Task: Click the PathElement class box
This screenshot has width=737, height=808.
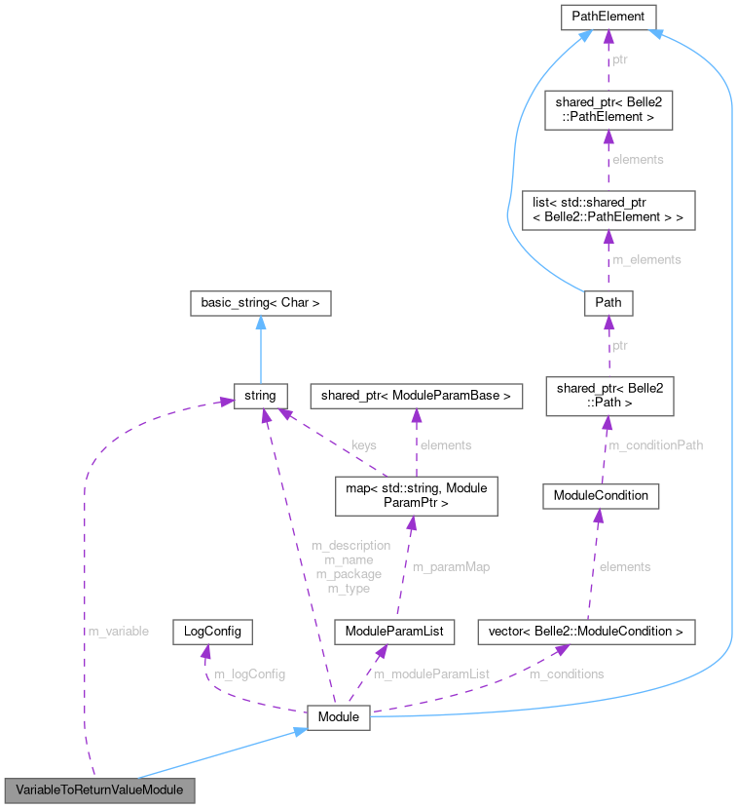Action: coord(608,17)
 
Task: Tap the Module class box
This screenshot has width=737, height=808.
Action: coord(338,718)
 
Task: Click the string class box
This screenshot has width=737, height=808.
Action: coord(260,396)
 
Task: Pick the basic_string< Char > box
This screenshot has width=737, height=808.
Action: coord(260,303)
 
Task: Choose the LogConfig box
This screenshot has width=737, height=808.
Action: coord(211,632)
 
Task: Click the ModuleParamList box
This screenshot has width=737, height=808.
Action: coord(393,632)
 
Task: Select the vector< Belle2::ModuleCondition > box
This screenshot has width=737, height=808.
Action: coord(586,632)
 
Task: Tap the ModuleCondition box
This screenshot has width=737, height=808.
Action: coord(601,495)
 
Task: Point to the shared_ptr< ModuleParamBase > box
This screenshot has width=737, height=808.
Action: coord(416,396)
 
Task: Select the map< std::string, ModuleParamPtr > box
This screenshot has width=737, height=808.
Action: coord(416,496)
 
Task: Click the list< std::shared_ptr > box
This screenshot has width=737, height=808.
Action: coord(608,210)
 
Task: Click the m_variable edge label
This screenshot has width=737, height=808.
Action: coord(119,632)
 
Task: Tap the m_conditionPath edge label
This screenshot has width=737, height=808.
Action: coord(655,445)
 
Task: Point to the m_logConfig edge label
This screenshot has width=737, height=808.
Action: coord(248,673)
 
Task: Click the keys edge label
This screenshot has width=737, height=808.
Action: coord(364,444)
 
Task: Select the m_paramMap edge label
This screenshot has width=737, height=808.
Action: coord(450,566)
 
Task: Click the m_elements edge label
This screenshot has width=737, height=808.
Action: coord(646,259)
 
